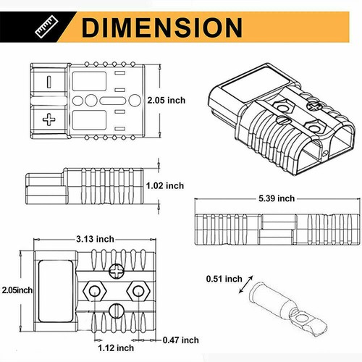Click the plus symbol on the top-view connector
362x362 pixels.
49,118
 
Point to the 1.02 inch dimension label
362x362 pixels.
165,185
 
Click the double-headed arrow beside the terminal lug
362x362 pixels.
246,287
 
